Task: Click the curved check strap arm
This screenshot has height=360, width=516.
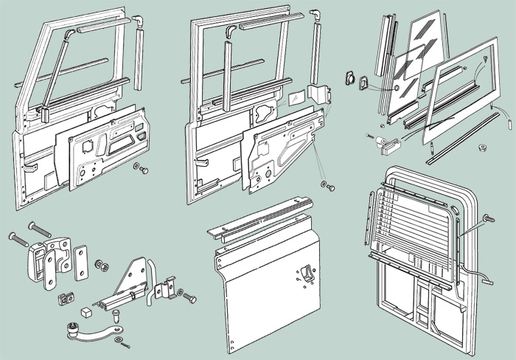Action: point(94,328)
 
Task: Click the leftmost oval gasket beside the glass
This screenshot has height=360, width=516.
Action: point(351,79)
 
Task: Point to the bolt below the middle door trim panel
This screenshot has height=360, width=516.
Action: point(325,181)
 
